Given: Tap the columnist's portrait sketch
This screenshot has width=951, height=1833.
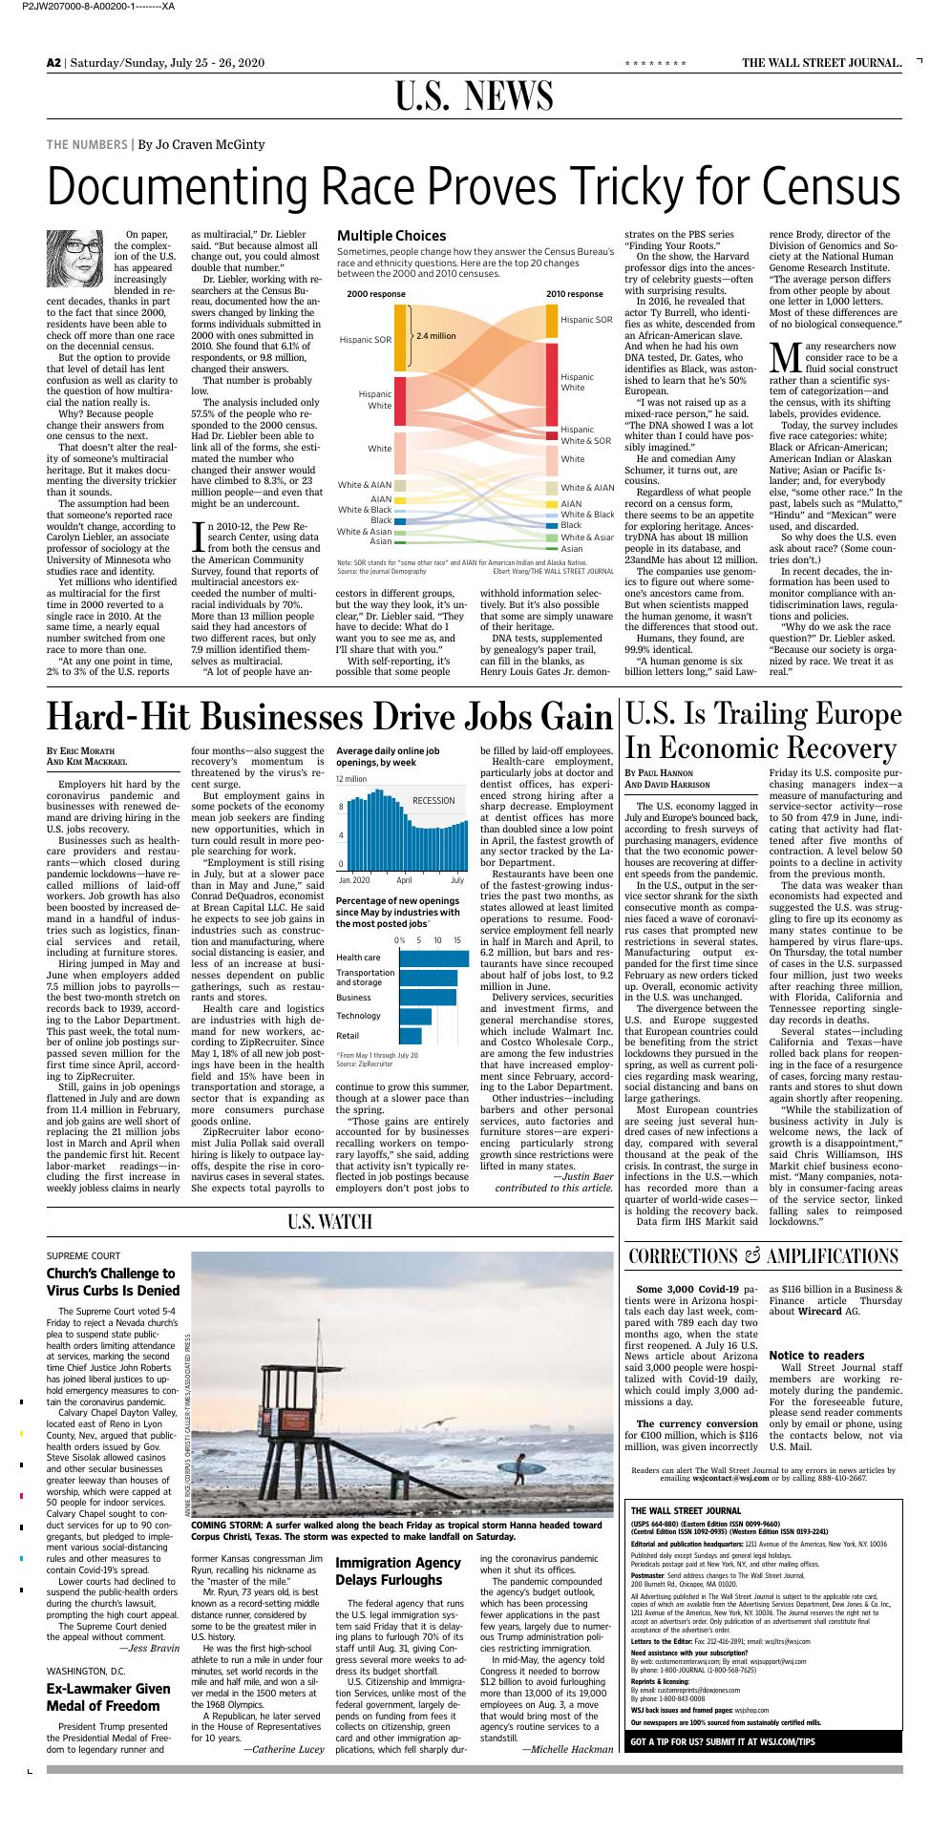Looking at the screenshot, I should coord(75,255).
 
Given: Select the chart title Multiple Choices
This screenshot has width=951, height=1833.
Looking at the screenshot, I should coord(391,235).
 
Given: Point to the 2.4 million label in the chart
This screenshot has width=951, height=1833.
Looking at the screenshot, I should coord(435,336).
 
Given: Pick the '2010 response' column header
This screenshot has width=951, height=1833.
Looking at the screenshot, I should coord(574,293).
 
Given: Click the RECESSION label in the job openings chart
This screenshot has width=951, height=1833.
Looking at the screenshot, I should coord(433,800).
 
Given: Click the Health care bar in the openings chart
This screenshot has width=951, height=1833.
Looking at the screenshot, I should coord(433,958).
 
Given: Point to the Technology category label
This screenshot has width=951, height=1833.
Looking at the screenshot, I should coord(358,1016).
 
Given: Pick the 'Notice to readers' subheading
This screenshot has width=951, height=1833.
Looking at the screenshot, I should coord(816,1355).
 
